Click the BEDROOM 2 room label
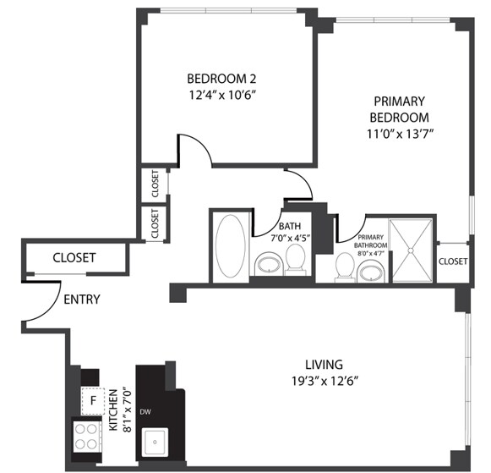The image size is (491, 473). [x=221, y=79]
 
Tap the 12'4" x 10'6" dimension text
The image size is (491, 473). [x=221, y=95]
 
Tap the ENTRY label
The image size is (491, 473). [x=81, y=299]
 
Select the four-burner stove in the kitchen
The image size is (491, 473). [x=87, y=437]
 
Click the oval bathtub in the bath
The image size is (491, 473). [x=229, y=246]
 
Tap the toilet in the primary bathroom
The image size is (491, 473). [x=345, y=267]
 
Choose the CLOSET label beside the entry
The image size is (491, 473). [x=74, y=258]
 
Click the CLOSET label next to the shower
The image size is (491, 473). [x=453, y=261]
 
